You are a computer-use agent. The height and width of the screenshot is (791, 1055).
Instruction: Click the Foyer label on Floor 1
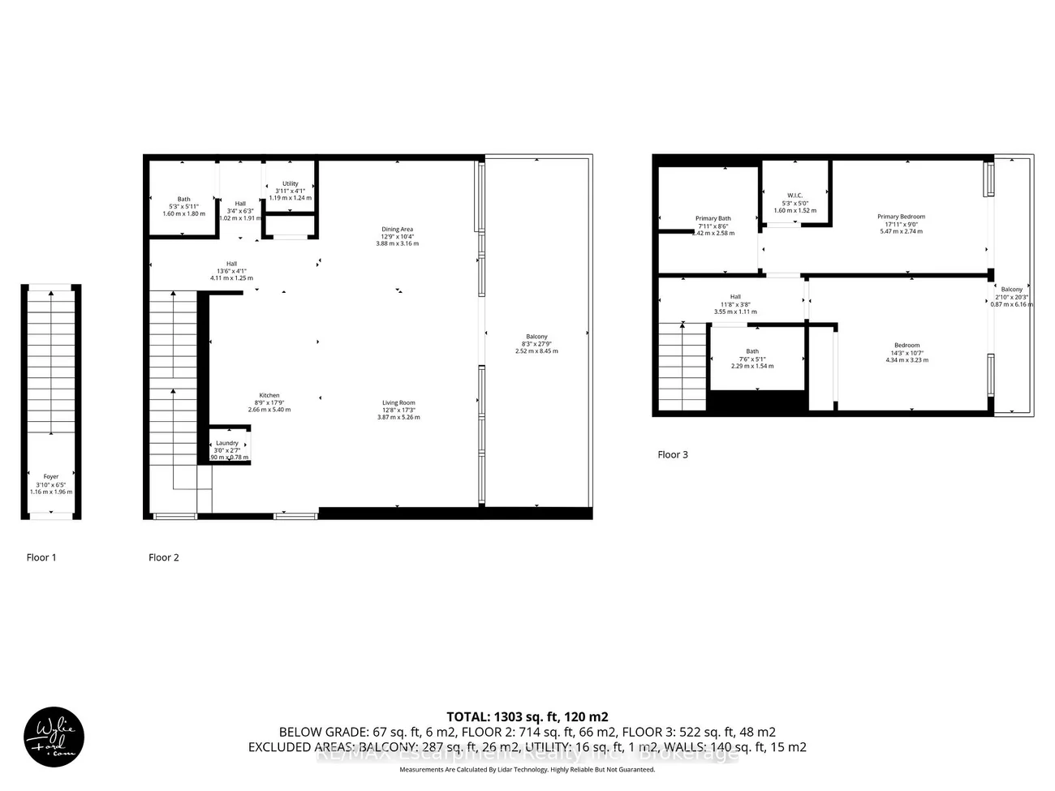point(51,477)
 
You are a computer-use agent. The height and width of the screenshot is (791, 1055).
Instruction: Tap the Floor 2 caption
point(163,557)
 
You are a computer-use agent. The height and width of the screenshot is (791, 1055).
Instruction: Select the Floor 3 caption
point(672,454)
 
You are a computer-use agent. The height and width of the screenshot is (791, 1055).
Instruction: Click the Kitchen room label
point(269,396)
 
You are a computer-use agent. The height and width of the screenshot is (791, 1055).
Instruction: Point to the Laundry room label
point(227,443)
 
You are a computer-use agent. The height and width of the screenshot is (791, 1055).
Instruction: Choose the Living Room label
point(398,402)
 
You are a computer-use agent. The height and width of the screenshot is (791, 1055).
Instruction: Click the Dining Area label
point(397,230)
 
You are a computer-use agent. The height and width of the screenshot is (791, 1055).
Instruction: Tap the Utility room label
point(290,184)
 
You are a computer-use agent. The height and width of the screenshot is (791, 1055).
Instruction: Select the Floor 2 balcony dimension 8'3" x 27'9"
point(536,344)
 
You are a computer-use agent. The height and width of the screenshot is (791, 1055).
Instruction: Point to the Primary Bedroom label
point(901,217)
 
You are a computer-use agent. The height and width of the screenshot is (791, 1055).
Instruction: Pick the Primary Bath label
point(713,218)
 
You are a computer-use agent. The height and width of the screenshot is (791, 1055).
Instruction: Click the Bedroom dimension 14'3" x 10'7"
point(907,353)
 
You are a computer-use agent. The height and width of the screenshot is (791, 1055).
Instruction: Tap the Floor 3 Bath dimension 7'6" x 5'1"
point(752,359)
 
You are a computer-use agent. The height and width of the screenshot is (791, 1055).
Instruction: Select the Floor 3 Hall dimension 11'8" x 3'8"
point(734,304)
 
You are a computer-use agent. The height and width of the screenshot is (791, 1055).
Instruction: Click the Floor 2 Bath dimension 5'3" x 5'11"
point(183,206)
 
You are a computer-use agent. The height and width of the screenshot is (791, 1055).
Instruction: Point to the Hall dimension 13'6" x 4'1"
point(231,271)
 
